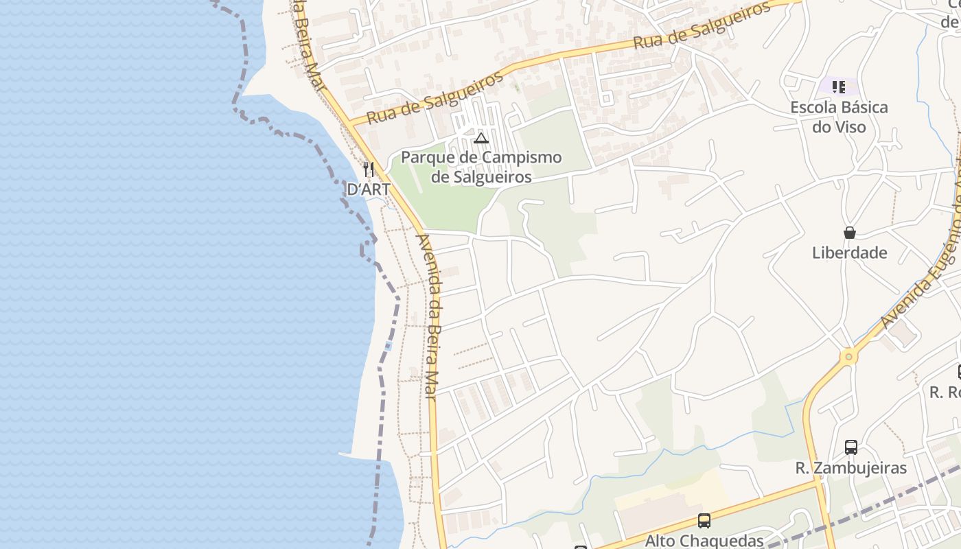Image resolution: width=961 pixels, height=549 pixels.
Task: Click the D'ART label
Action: pos(369,189)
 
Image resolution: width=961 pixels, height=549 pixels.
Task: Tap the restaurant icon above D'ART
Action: pos(369,169)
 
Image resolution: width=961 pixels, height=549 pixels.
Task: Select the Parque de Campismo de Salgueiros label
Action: pos(481,167)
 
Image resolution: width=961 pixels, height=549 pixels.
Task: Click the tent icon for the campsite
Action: pos(481,139)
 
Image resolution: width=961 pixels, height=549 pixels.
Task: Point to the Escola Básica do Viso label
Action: pos(839,117)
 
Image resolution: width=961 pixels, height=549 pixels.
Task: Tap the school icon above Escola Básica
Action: pos(838,87)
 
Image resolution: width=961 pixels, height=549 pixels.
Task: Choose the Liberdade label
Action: pos(849,253)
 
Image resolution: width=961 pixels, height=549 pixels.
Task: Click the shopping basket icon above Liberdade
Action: pos(850,233)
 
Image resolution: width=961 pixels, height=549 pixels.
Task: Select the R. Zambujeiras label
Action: pos(850,468)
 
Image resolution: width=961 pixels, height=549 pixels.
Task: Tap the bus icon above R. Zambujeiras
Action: pos(851,447)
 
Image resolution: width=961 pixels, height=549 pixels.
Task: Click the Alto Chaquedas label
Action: pos(704,541)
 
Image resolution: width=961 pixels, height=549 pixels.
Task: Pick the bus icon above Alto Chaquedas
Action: pos(704,521)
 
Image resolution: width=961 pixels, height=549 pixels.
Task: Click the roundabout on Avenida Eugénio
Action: pos(849,356)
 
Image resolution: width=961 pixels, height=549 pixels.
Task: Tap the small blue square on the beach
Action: pos(389,346)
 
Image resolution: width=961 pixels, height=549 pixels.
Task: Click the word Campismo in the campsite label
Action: pos(522,157)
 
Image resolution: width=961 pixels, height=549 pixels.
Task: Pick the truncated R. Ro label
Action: pos(945,393)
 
